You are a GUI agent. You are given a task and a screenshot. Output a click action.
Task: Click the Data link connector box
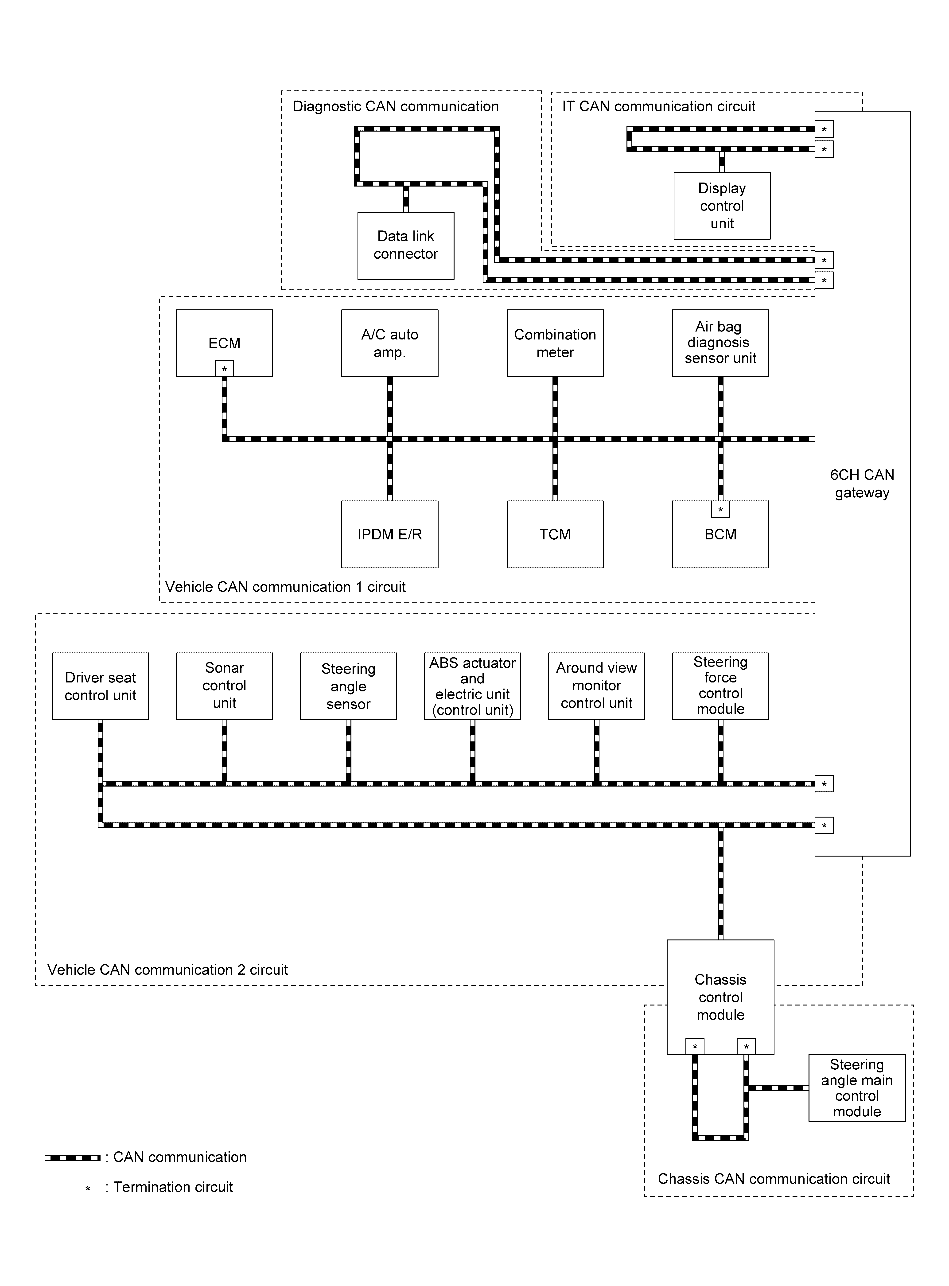pyautogui.click(x=406, y=246)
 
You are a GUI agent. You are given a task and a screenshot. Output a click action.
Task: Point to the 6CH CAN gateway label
pyautogui.click(x=862, y=484)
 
